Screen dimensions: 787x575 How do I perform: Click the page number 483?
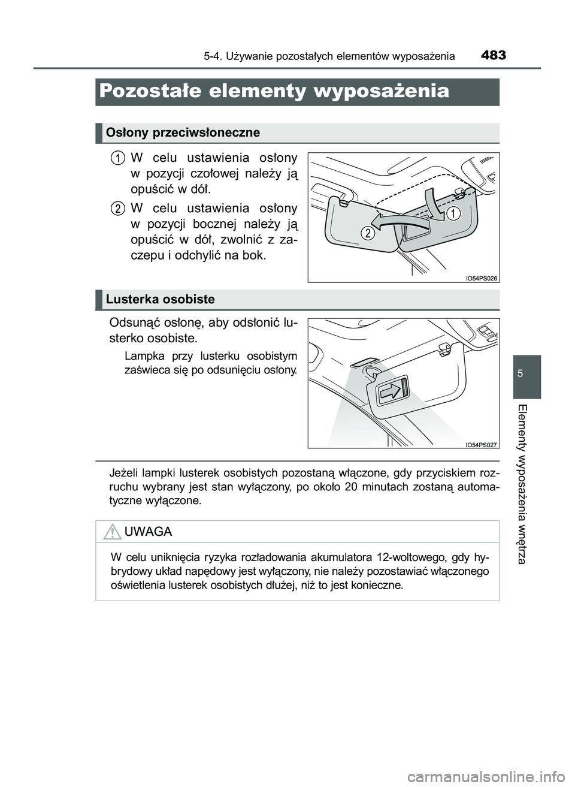click(492, 56)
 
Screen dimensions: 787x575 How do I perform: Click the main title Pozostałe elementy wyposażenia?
click(274, 91)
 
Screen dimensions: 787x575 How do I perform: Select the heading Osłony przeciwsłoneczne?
click(183, 132)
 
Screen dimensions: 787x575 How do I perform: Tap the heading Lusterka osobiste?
click(160, 299)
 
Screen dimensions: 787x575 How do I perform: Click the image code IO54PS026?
click(481, 278)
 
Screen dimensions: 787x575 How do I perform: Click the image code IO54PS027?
click(481, 444)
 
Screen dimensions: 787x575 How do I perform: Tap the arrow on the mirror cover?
click(390, 392)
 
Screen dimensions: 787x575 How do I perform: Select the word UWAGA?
click(149, 532)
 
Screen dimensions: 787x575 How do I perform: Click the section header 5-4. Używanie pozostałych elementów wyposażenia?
click(329, 57)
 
